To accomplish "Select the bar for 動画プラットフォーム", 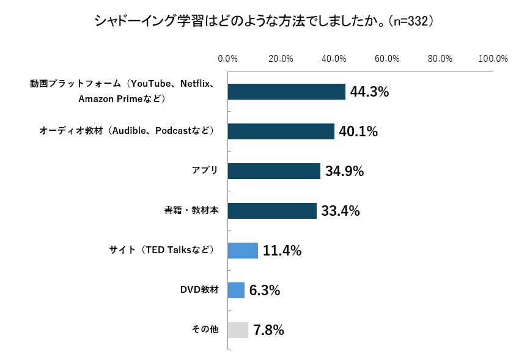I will point(286,92).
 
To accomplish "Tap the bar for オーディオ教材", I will point(281,131).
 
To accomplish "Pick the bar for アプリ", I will point(274,171).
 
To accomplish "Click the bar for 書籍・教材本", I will point(272,211).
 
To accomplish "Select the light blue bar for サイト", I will point(243,251).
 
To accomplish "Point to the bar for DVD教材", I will point(236,290).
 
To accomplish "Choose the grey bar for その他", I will point(238,330).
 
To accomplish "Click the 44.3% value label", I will point(370,92).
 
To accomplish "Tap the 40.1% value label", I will point(358,132).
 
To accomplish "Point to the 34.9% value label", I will point(344,172).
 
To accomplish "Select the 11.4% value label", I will point(282,251).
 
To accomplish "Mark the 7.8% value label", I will point(268,331).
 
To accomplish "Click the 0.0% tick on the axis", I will point(228,59).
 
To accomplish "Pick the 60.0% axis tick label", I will point(387,59).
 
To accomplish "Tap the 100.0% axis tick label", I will point(493,59).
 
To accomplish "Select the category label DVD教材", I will point(199,290).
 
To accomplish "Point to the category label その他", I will point(205,329).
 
